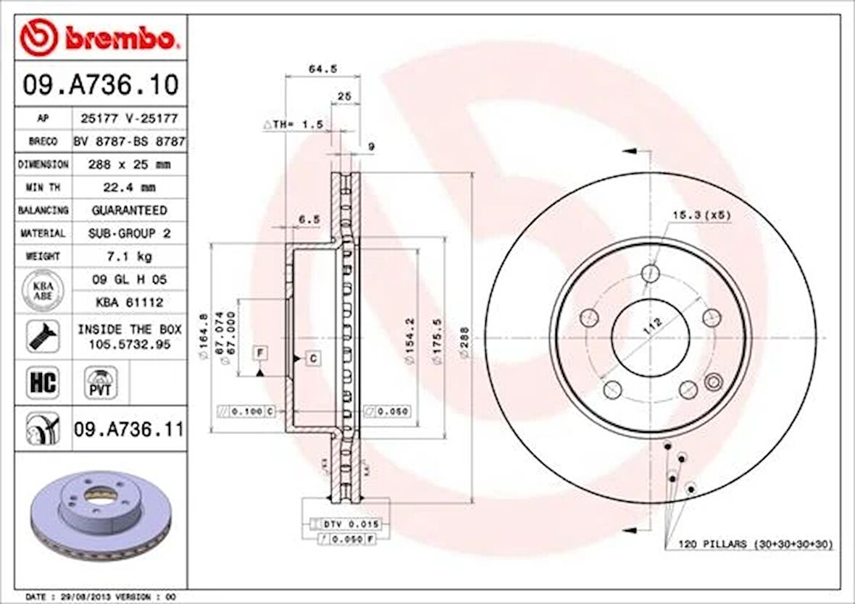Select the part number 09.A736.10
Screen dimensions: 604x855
tap(100, 85)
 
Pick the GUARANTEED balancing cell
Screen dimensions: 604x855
tap(129, 210)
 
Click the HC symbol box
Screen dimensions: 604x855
tap(43, 382)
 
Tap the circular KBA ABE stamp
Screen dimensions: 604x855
tap(43, 290)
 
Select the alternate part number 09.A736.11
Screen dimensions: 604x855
tap(128, 429)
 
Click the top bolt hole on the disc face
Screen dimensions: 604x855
tap(651, 273)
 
